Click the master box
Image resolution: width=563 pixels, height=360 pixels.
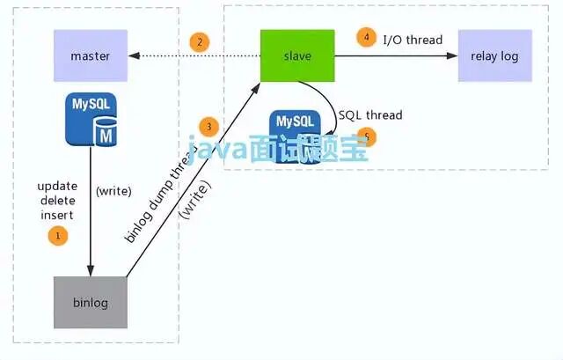click(x=90, y=56)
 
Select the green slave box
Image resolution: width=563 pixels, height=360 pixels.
click(x=297, y=55)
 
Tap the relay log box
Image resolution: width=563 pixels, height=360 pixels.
click(x=494, y=56)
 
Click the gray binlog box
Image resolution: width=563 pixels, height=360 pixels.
click(x=90, y=303)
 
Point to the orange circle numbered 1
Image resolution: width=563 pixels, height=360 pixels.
click(x=58, y=235)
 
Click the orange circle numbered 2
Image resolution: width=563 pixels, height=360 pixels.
click(x=200, y=41)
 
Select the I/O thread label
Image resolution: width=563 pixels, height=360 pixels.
click(x=413, y=40)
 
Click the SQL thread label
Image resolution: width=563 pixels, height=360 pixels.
click(x=370, y=115)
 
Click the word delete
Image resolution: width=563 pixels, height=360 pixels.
click(x=57, y=201)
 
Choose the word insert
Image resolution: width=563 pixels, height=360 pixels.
click(x=57, y=215)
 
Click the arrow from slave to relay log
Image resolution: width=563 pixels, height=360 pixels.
click(x=396, y=56)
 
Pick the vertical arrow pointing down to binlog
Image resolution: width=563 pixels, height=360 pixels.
click(x=91, y=211)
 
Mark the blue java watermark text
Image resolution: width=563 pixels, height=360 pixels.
click(x=276, y=151)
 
